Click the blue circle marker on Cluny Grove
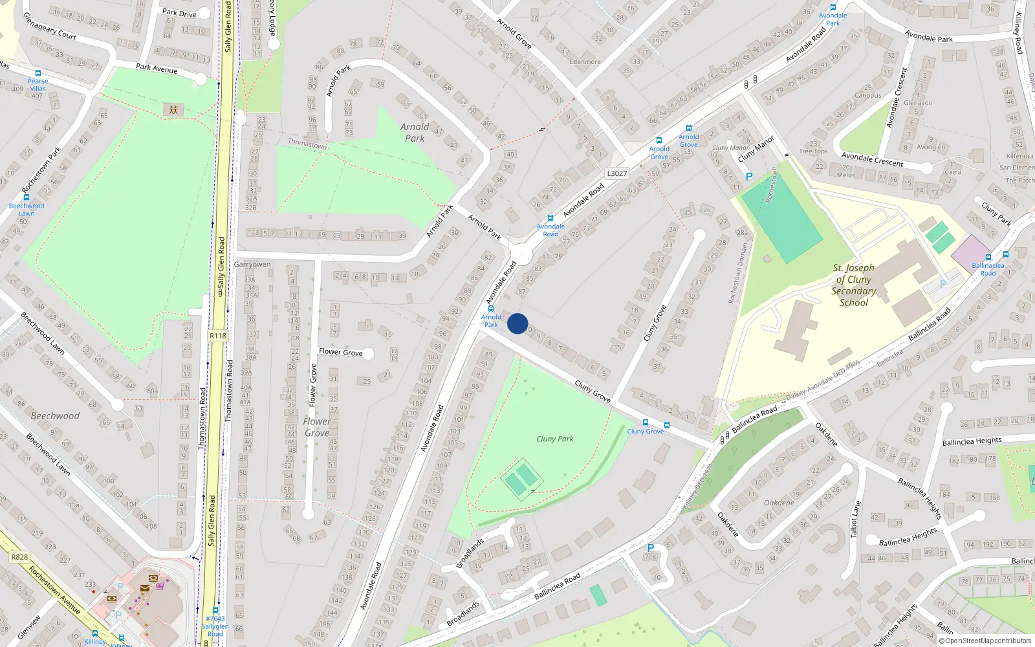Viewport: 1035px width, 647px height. tap(517, 323)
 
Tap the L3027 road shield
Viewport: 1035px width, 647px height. tap(616, 173)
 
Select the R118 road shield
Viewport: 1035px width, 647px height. tap(218, 336)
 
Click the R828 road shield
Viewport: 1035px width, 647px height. tap(19, 556)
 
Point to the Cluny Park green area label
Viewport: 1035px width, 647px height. tap(555, 439)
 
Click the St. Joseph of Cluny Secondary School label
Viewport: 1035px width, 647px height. tap(854, 285)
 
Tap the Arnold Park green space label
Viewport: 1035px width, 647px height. tap(415, 133)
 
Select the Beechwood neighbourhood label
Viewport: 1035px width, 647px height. tap(55, 416)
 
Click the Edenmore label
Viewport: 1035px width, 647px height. tap(585, 62)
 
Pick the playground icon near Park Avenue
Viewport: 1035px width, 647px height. tap(173, 109)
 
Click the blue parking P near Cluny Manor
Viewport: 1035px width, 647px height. tap(749, 176)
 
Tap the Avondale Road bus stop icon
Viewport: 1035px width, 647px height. tap(550, 218)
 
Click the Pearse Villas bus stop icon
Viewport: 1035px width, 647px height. tap(38, 73)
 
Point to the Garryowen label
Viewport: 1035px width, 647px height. tap(252, 264)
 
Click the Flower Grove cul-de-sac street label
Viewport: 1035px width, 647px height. tap(340, 352)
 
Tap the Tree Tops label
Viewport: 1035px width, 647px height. tap(813, 151)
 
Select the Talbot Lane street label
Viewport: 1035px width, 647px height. tap(856, 519)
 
